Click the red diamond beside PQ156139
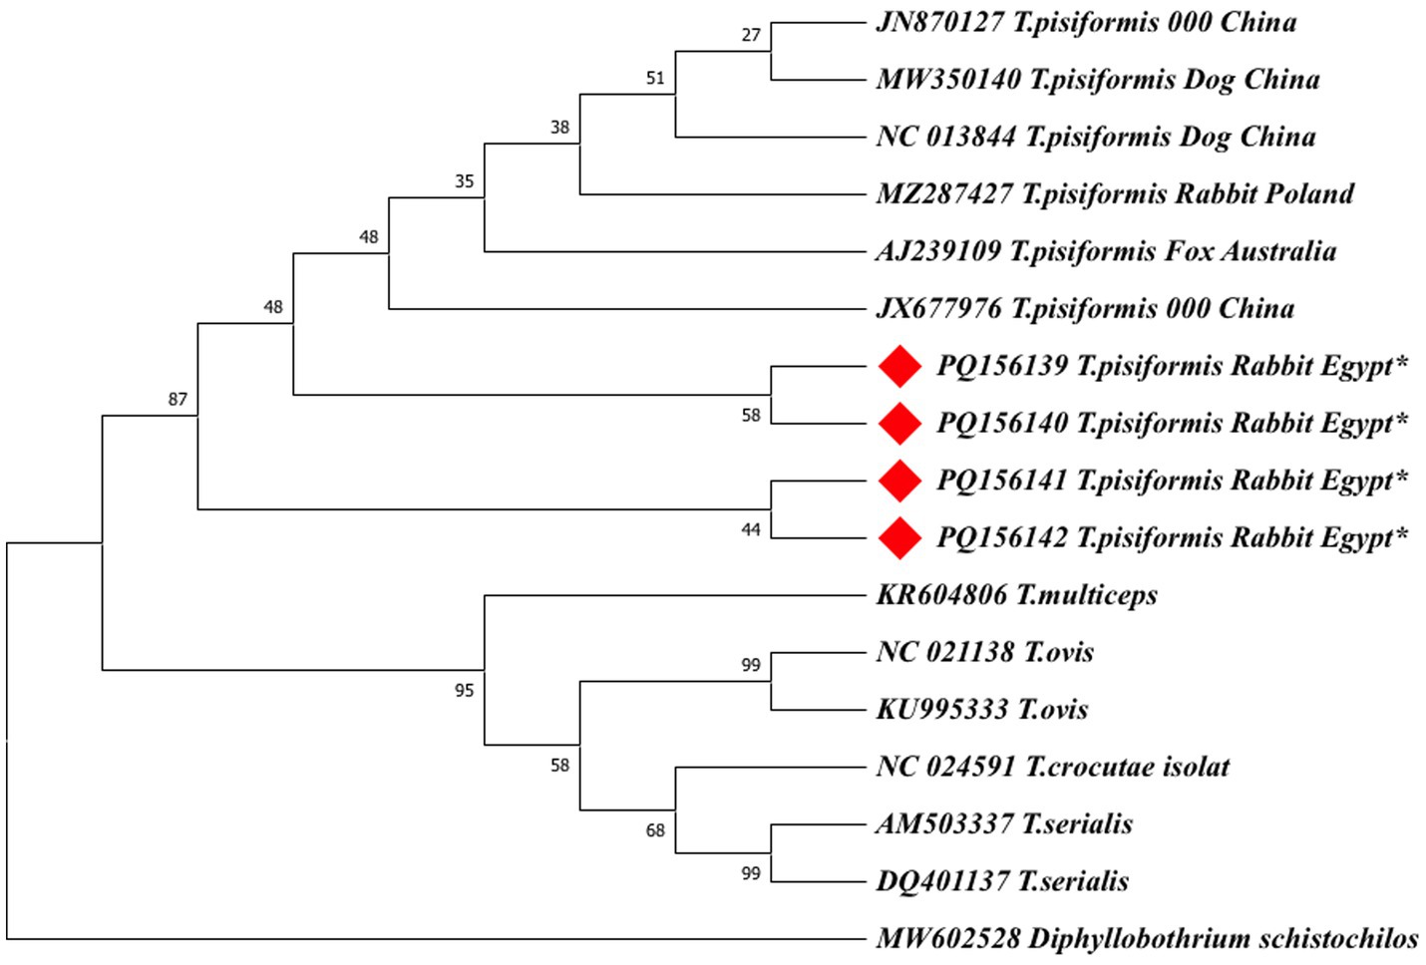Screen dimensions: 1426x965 pos(899,366)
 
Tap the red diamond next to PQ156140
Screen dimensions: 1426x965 pos(899,424)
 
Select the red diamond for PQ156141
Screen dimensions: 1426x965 pos(899,481)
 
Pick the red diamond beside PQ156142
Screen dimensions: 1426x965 pos(899,538)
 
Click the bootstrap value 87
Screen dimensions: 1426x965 pos(178,399)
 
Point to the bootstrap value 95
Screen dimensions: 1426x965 pos(464,690)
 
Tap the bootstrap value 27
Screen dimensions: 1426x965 pos(751,35)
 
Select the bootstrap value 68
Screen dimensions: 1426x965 pos(655,829)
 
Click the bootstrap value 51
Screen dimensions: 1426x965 pos(655,78)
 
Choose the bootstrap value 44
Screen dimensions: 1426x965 pos(751,529)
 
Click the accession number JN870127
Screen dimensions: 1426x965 pos(939,22)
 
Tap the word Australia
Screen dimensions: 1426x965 pos(1279,251)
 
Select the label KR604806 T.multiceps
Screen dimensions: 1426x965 pos(1017,595)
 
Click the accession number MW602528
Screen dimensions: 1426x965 pos(948,939)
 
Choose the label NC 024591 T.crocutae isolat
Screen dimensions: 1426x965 pos(1053,767)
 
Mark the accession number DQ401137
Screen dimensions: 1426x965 pos(942,881)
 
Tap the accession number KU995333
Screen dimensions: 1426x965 pos(941,710)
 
